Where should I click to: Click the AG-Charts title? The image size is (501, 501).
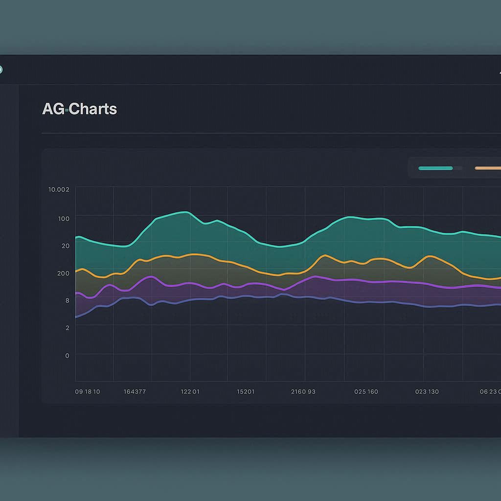click(79, 109)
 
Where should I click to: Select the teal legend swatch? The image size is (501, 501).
click(435, 168)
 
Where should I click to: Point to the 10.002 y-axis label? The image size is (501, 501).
click(59, 189)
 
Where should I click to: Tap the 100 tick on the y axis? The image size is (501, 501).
click(64, 218)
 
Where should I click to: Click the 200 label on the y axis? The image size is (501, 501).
click(63, 273)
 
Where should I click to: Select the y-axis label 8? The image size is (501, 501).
click(67, 300)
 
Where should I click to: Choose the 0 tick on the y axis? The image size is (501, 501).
click(67, 356)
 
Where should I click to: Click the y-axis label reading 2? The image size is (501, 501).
click(67, 328)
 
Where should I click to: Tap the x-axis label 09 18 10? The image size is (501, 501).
click(88, 392)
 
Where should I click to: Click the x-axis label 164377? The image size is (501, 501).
click(135, 392)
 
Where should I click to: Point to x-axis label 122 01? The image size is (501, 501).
click(190, 392)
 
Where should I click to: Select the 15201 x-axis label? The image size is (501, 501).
click(246, 392)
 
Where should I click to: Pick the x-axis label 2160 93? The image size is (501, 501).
click(303, 392)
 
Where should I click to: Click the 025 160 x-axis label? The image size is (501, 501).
click(366, 392)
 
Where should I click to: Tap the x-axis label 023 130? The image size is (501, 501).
click(427, 392)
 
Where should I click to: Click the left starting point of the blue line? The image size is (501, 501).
click(76, 317)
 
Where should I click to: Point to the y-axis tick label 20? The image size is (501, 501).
click(66, 246)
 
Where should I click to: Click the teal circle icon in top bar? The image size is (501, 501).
click(0, 69)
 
